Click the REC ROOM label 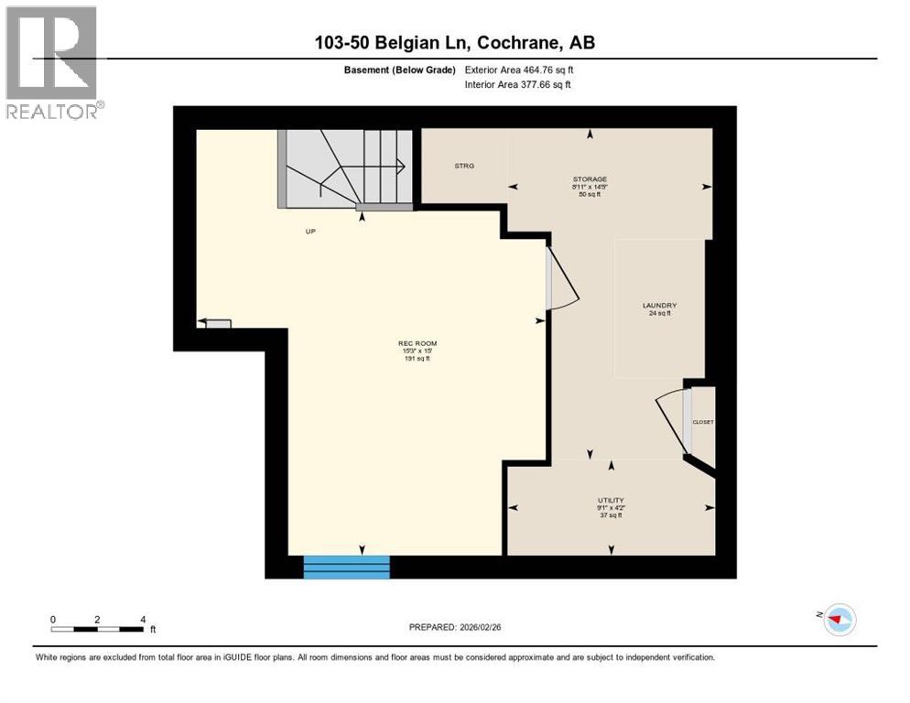407,343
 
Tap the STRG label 463,166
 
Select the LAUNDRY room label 659,305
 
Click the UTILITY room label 611,500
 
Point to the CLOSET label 703,422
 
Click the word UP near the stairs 310,231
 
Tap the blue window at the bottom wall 346,567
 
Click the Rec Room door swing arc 563,279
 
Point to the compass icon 839,620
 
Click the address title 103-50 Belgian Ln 454,43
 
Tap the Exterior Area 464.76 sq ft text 519,70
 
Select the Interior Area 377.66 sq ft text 517,85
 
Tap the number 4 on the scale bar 143,620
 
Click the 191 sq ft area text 407,359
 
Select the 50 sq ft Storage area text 590,194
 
